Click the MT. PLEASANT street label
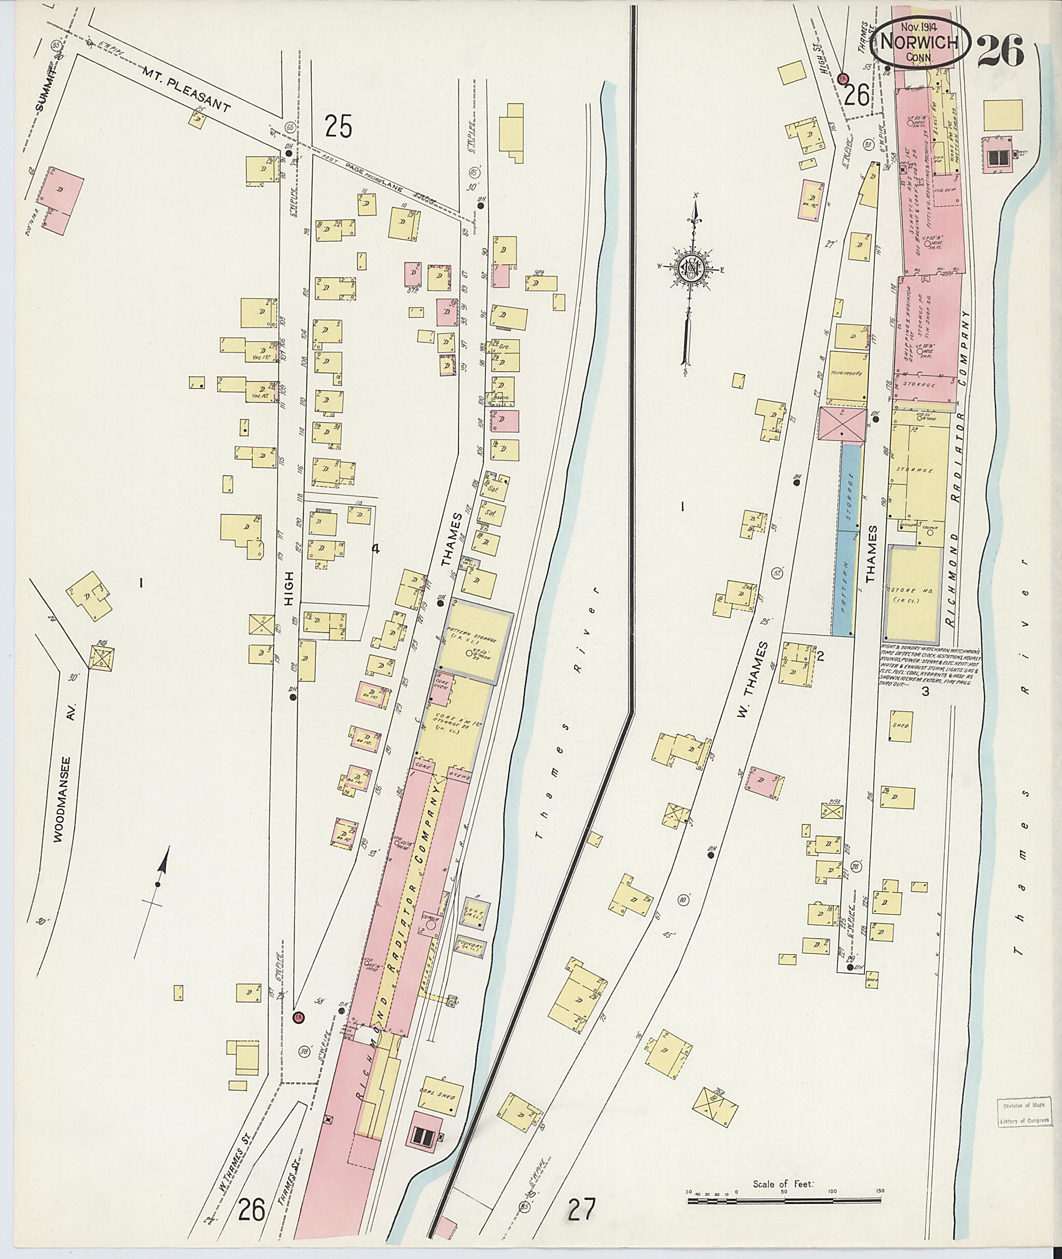tap(186, 91)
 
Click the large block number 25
tap(338, 127)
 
